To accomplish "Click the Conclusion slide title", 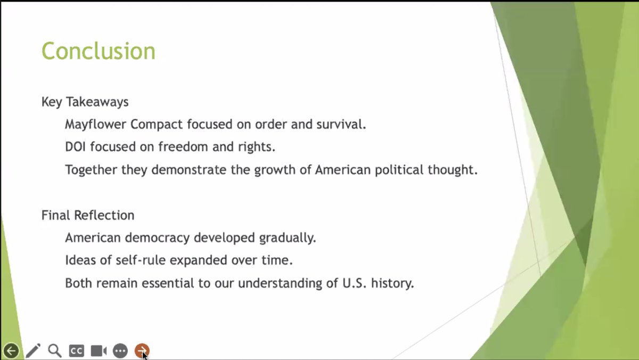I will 99,51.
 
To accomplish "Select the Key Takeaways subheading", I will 85,101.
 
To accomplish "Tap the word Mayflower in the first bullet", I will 96,125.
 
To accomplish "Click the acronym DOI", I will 75,147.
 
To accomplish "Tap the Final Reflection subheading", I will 88,215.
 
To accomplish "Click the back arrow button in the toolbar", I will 11,351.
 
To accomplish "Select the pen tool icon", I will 33,351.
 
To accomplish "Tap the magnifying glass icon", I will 54,350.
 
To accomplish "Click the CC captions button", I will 76,351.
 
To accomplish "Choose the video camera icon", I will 98,351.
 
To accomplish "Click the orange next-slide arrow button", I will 142,350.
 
